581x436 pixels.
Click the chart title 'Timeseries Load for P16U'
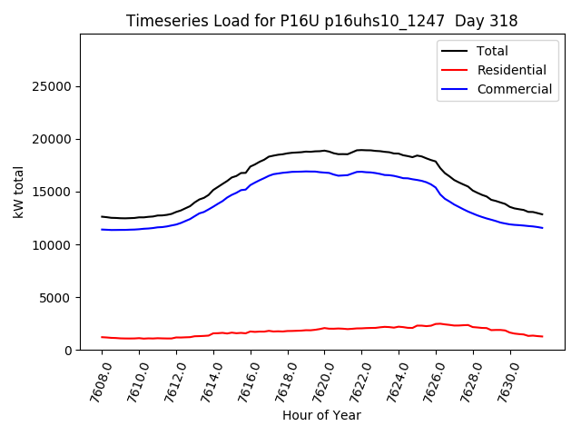click(x=321, y=21)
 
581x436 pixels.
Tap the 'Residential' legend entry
click(x=511, y=70)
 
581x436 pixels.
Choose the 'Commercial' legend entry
click(x=514, y=89)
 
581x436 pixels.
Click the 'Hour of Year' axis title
click(x=321, y=415)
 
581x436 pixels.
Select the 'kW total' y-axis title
click(x=19, y=192)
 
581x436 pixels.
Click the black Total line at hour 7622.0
click(x=362, y=150)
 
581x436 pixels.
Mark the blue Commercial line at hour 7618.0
click(x=288, y=172)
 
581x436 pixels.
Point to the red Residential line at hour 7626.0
click(x=437, y=323)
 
